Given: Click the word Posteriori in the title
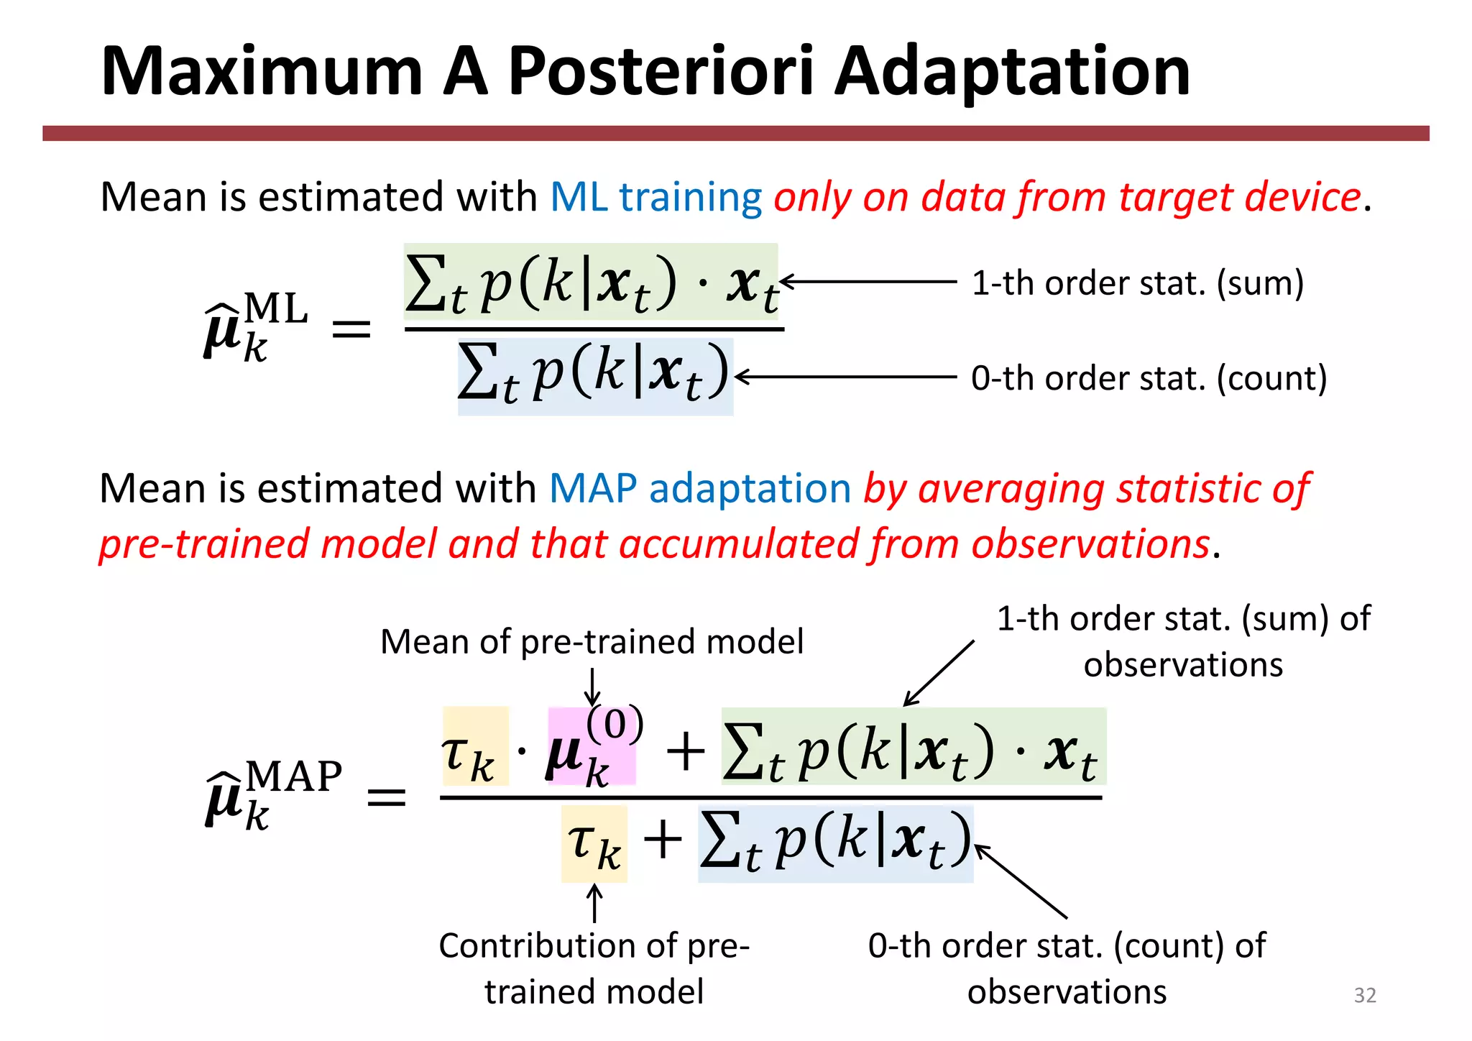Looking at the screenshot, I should coord(661,72).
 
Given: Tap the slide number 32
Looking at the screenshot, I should coord(1364,995).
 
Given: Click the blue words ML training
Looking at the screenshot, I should coord(655,197).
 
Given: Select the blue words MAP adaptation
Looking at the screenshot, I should coord(699,489).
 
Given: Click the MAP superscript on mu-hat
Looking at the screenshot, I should coord(294,776).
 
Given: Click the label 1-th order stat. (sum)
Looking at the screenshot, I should coord(1137,283).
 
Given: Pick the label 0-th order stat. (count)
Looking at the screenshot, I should coord(1149,378).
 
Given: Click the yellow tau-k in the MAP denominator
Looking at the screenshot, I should coord(594,844).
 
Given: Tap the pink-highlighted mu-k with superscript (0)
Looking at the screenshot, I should coord(591,748).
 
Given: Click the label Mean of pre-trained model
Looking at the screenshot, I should coord(591,641).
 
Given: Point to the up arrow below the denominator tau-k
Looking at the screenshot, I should coord(594,903).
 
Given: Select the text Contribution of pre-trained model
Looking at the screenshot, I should coord(594,968).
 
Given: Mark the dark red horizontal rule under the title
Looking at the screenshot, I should coord(735,134).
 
